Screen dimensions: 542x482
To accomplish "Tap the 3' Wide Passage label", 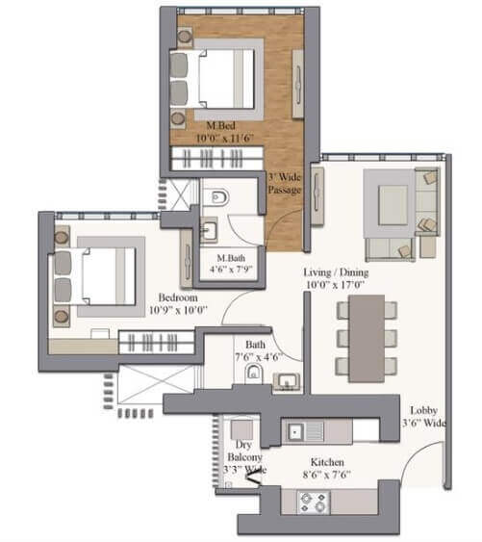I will click(x=285, y=183).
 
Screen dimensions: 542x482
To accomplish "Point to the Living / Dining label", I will click(x=337, y=279).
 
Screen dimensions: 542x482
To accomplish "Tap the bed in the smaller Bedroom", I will click(x=104, y=275).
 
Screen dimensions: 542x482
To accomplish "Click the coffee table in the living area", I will click(x=393, y=203).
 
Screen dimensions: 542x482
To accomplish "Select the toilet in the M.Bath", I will click(x=219, y=197).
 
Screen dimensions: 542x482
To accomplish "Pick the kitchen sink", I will click(x=298, y=430).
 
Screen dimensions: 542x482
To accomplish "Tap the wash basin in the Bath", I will click(x=286, y=381).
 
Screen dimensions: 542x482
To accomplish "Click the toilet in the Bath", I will click(x=254, y=374).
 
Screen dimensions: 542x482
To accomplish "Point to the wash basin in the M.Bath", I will click(x=209, y=231).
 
